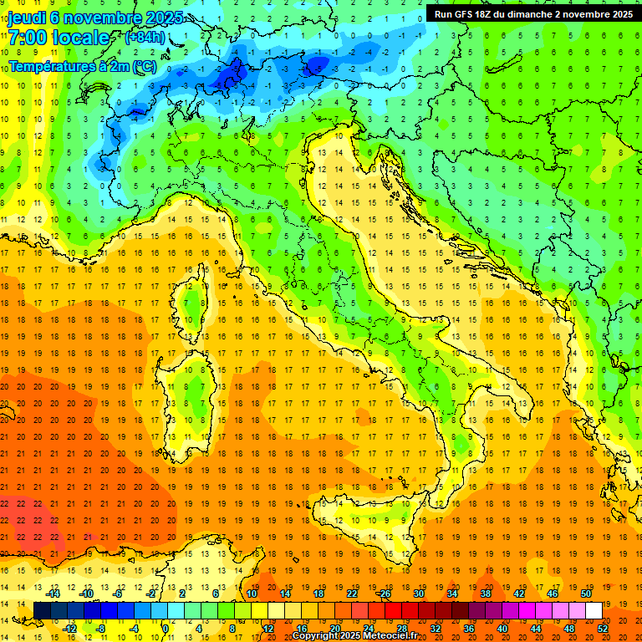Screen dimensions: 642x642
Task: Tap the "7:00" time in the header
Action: pyautogui.click(x=28, y=38)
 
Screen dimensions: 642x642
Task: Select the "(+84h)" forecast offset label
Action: pyautogui.click(x=144, y=38)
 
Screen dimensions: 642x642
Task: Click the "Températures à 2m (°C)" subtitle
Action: pyautogui.click(x=82, y=65)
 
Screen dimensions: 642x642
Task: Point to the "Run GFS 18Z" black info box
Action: pyautogui.click(x=532, y=13)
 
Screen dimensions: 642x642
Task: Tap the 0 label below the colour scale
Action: pyautogui.click(x=166, y=628)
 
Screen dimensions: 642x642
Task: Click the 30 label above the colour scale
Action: pyautogui.click(x=419, y=594)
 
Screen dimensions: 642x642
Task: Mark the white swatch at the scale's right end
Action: pyautogui.click(x=594, y=610)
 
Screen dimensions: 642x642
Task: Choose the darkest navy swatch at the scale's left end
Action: pyautogui.click(x=43, y=610)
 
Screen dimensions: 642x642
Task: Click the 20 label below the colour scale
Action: pyautogui.click(x=334, y=628)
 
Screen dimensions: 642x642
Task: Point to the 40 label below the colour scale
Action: pyautogui.click(x=502, y=628)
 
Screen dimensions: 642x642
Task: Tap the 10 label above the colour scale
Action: pyautogui.click(x=251, y=594)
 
